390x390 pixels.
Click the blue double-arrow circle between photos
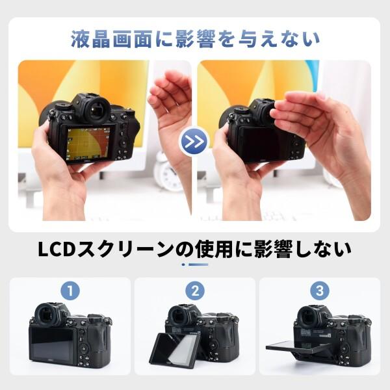194,141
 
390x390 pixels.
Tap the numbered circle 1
70,289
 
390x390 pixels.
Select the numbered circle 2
194,289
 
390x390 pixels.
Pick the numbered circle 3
319,289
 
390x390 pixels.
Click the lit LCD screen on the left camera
88,144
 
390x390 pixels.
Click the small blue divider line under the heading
194,265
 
